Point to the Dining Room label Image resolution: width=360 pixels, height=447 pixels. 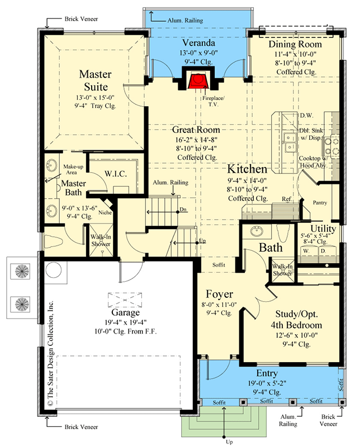point(295,44)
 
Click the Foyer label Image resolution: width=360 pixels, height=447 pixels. point(219,294)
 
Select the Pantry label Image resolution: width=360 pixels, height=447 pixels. point(319,203)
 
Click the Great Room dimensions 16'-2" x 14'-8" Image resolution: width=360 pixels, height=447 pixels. point(195,139)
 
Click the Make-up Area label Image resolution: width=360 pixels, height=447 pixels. point(73,170)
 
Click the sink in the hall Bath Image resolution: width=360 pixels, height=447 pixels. point(257,231)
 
